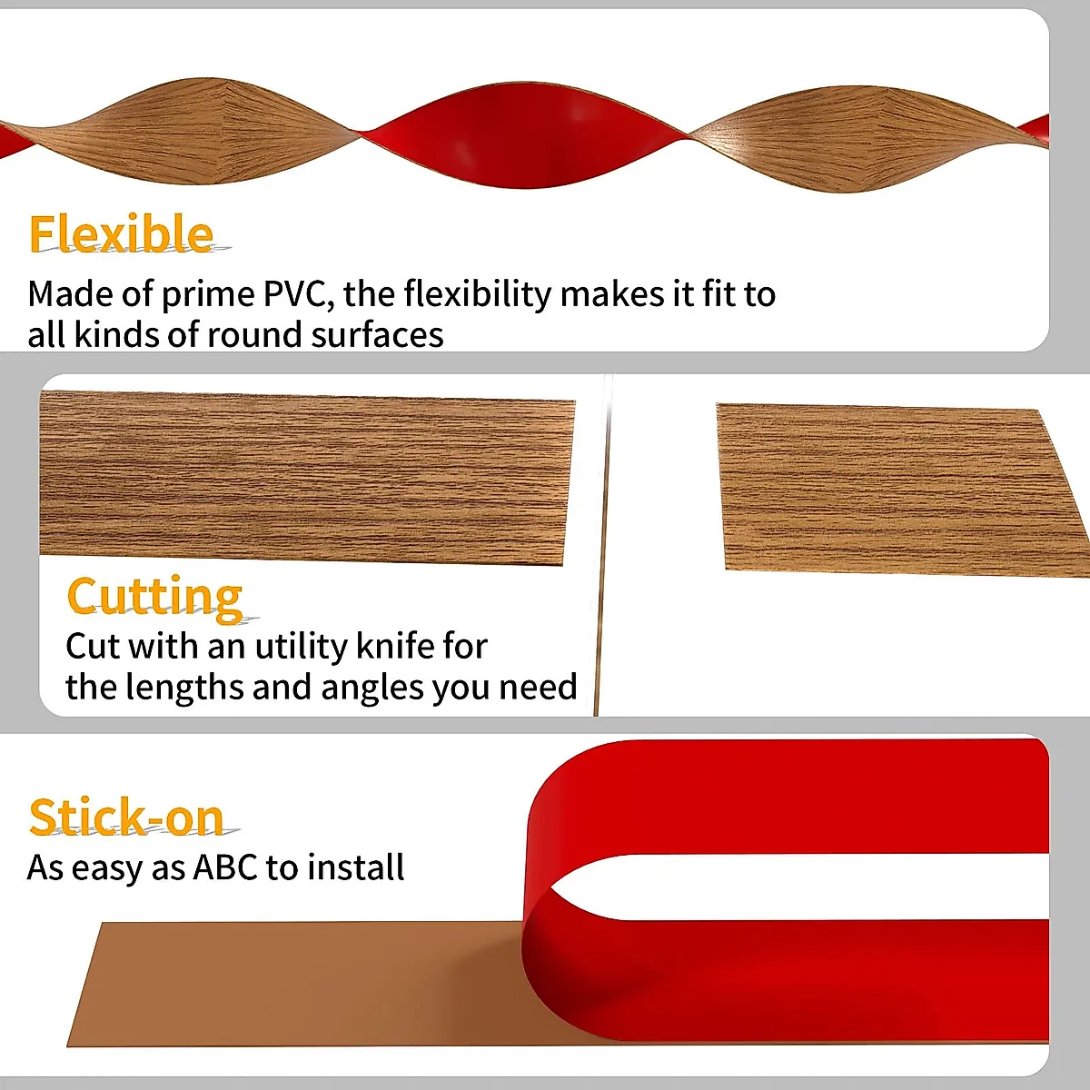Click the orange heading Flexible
[x=121, y=233]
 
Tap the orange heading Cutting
[x=154, y=597]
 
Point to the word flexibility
[x=478, y=294]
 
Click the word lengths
[x=184, y=688]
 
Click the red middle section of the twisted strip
[x=527, y=136]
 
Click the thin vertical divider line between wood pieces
[x=601, y=545]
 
